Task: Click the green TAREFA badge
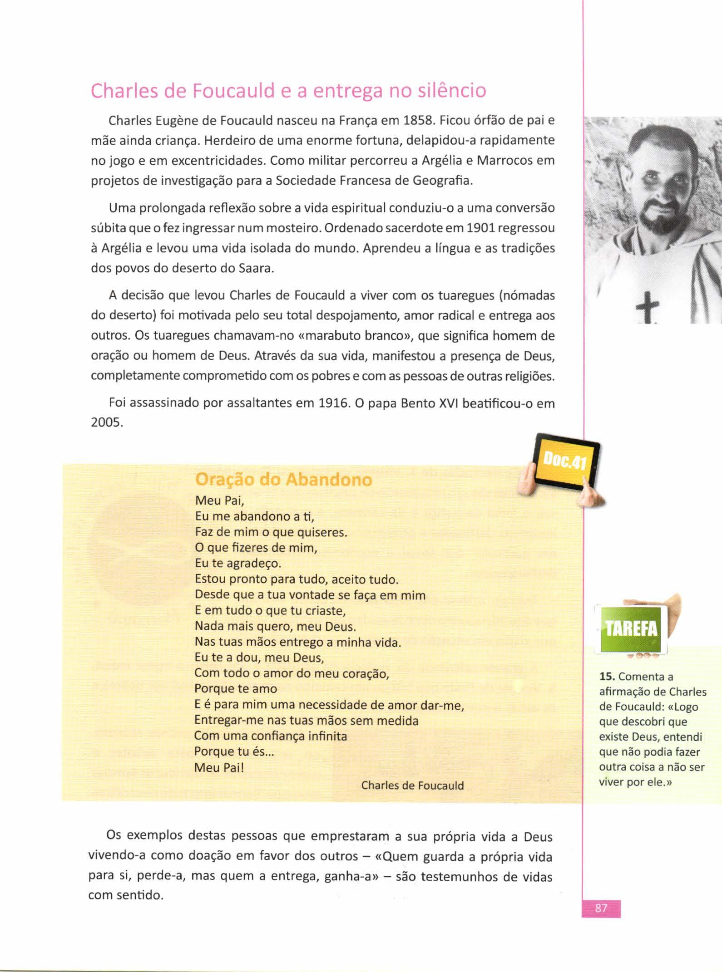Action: [631, 629]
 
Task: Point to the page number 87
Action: [601, 908]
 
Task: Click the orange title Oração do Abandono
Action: [283, 479]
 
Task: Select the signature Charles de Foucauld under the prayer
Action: [412, 785]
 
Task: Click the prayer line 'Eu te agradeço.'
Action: [238, 564]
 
